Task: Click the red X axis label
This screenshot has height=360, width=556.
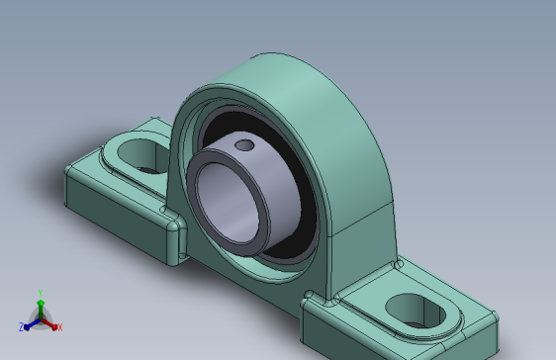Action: (x=59, y=326)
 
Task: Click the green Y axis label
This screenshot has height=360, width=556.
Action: (x=40, y=294)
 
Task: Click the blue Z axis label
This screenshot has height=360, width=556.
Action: (x=21, y=327)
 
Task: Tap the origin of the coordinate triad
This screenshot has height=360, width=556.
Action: (x=41, y=318)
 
